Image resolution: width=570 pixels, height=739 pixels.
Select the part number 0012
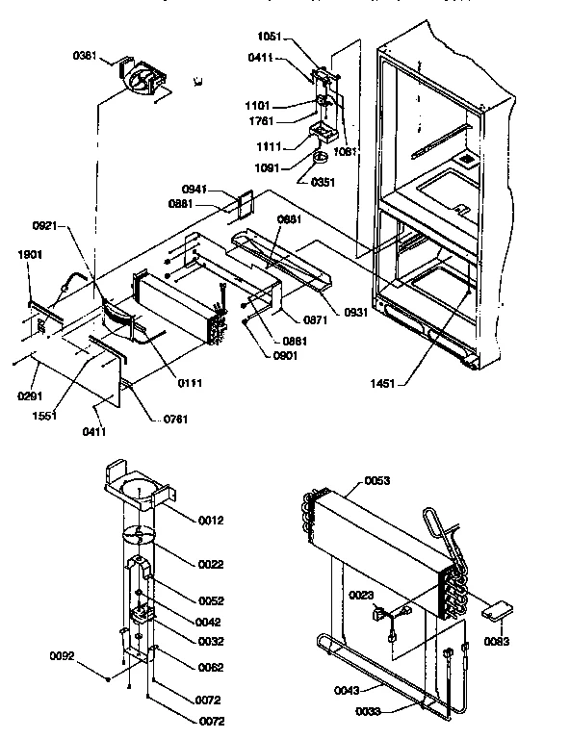[211, 521]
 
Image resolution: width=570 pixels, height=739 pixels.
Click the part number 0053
[378, 481]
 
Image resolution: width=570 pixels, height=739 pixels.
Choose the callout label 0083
[498, 641]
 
